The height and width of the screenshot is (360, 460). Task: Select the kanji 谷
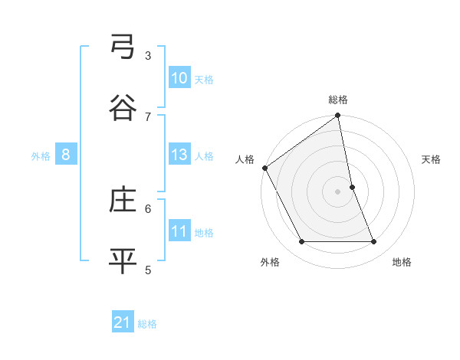(x=123, y=108)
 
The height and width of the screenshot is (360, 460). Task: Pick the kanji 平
(x=123, y=260)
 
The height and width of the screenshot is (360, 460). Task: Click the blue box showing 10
(x=179, y=78)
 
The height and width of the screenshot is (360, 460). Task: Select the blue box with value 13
(x=179, y=155)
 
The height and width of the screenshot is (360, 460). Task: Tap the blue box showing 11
(x=179, y=232)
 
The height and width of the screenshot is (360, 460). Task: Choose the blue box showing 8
(x=66, y=155)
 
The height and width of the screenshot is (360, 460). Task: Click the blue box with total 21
(x=123, y=323)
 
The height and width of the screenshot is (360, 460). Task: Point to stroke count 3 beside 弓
(x=148, y=55)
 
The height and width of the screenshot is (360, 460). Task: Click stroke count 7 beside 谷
(x=148, y=116)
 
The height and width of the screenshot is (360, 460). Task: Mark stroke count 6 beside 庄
(x=148, y=208)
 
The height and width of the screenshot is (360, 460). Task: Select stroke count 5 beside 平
(x=148, y=269)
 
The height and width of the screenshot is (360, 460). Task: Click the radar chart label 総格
(x=338, y=100)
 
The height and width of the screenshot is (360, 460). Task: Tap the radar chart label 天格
(x=431, y=159)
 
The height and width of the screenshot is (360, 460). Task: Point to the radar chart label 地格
(x=402, y=262)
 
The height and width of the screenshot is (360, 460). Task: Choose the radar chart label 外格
(x=270, y=262)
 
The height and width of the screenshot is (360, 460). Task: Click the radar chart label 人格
(x=245, y=159)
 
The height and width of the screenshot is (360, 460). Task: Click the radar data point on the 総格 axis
(x=338, y=116)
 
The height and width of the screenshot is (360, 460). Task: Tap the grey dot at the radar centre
(x=338, y=191)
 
